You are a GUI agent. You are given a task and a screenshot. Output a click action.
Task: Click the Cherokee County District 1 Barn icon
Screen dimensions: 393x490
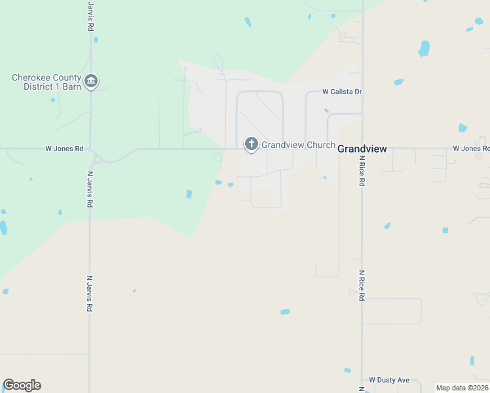pos(91,82)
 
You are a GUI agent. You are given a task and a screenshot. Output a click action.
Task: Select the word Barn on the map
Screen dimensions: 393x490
pos(72,86)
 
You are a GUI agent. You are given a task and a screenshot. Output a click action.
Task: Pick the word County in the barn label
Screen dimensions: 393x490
pos(64,77)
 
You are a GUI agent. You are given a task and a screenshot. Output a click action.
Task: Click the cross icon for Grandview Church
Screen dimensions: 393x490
pos(250,144)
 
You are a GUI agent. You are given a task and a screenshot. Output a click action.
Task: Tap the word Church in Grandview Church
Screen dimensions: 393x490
pos(318,145)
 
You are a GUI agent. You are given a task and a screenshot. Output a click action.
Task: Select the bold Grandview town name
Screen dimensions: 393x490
pos(362,149)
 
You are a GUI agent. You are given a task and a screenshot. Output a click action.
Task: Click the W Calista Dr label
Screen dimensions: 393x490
pos(342,92)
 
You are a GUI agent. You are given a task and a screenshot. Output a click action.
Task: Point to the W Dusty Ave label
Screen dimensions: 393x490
pos(389,380)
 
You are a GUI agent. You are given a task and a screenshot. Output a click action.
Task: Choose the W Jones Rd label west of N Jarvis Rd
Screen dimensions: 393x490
pos(64,149)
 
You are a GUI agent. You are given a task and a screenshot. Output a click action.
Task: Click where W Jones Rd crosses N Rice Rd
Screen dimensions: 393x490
pos(362,149)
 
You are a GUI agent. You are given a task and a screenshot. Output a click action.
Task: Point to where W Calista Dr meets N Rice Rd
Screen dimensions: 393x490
pos(362,92)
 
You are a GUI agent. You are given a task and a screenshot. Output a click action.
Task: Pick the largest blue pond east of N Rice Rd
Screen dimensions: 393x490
pos(424,48)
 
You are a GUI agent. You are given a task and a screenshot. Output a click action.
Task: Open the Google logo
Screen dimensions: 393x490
pos(22,385)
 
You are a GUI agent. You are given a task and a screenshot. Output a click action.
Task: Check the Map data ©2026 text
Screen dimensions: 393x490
pos(462,388)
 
